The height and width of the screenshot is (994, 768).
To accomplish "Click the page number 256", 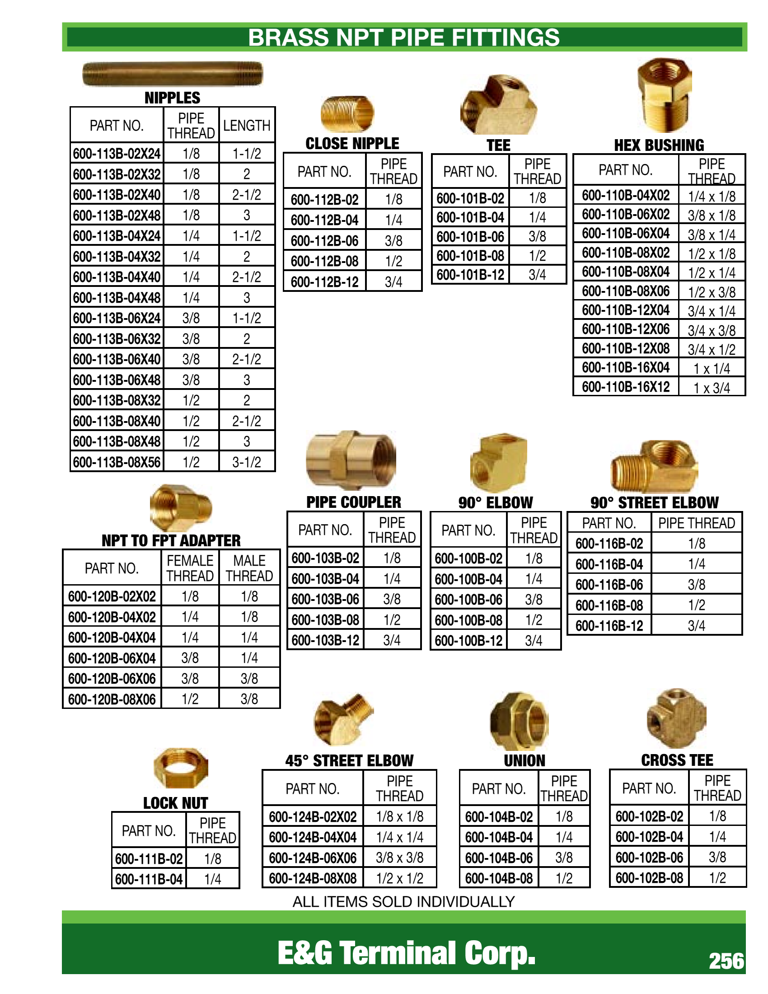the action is (726, 961).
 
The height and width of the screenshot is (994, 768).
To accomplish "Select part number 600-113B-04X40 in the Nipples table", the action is (117, 277).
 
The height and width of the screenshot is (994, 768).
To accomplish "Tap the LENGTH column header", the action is (247, 125).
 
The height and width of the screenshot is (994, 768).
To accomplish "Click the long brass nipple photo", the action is (173, 74).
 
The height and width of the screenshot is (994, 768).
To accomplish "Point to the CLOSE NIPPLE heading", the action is (352, 143).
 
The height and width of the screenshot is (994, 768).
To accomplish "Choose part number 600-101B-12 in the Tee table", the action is (470, 275).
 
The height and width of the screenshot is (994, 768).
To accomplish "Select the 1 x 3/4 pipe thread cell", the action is (712, 388).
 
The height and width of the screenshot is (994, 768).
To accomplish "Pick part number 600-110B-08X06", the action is (626, 291).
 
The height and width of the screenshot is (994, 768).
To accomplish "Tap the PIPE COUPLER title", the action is (354, 502).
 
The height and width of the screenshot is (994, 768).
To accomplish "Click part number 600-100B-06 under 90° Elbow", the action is (468, 600).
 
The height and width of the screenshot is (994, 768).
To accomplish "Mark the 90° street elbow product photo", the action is (653, 467).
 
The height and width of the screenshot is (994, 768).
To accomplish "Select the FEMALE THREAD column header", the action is (190, 568).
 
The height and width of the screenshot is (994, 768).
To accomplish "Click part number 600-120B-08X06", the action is (112, 699).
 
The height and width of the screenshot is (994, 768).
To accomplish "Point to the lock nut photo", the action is (181, 768).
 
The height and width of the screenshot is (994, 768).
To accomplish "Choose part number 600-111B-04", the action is (149, 879).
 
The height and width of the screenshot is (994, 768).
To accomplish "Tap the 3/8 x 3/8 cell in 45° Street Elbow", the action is (399, 858).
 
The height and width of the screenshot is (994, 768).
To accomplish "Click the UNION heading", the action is (524, 760).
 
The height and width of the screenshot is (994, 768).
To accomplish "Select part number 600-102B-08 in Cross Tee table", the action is (649, 877).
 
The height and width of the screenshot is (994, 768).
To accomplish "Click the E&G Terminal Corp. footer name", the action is (406, 953).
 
